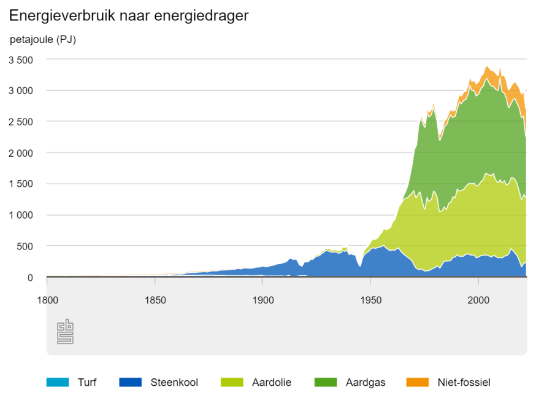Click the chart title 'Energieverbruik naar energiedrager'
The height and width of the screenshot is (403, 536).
tap(129, 16)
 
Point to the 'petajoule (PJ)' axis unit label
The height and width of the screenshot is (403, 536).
tap(43, 40)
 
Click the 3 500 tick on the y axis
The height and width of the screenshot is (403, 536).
tap(20, 60)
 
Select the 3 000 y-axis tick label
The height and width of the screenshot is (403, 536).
tap(20, 91)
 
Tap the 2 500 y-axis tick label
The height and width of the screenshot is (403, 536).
tap(20, 122)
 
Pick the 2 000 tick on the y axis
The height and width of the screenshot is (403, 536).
tap(20, 153)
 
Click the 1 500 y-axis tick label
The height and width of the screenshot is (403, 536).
tap(20, 184)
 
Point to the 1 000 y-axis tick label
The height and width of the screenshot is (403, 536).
tap(20, 215)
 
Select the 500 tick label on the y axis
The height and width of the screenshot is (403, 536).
tap(25, 246)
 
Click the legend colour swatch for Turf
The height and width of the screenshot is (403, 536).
tap(57, 382)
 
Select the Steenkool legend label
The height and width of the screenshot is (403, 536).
tap(174, 382)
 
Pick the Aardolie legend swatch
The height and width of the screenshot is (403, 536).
tap(232, 382)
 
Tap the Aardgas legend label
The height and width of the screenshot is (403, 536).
tap(366, 382)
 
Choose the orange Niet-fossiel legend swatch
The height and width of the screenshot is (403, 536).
tap(417, 382)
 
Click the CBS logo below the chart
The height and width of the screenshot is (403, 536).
tap(65, 332)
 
